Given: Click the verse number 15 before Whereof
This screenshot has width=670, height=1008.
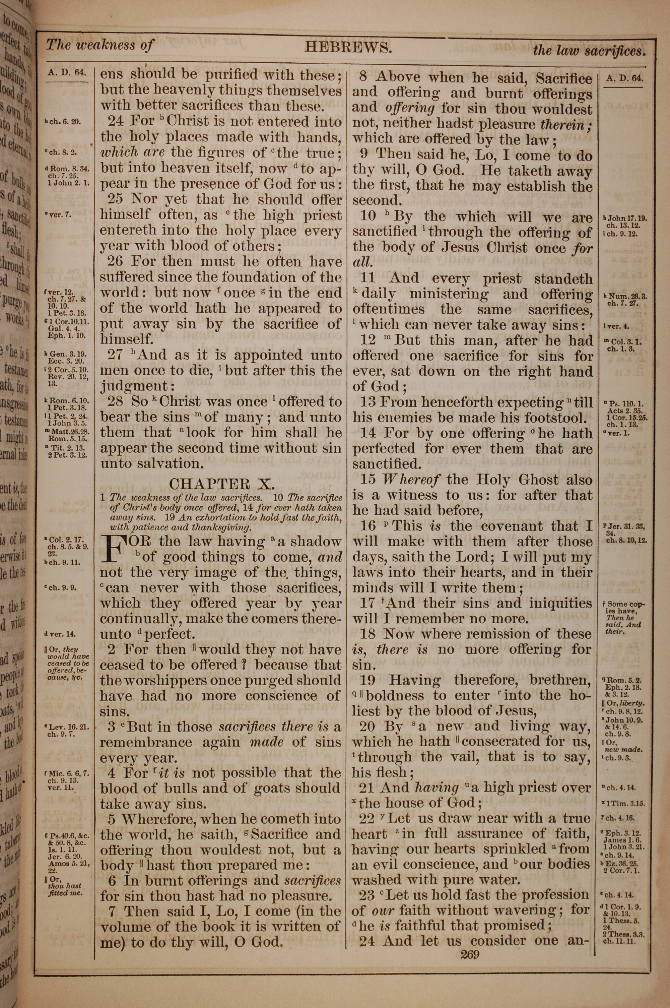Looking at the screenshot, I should click(368, 480).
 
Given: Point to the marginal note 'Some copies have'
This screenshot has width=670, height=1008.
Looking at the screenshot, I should click(624, 604).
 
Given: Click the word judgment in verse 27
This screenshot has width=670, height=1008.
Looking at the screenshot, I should click(133, 386).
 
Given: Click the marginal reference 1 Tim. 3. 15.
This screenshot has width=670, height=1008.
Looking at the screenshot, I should click(626, 803).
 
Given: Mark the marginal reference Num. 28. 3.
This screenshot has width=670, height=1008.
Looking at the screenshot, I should click(625, 295).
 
